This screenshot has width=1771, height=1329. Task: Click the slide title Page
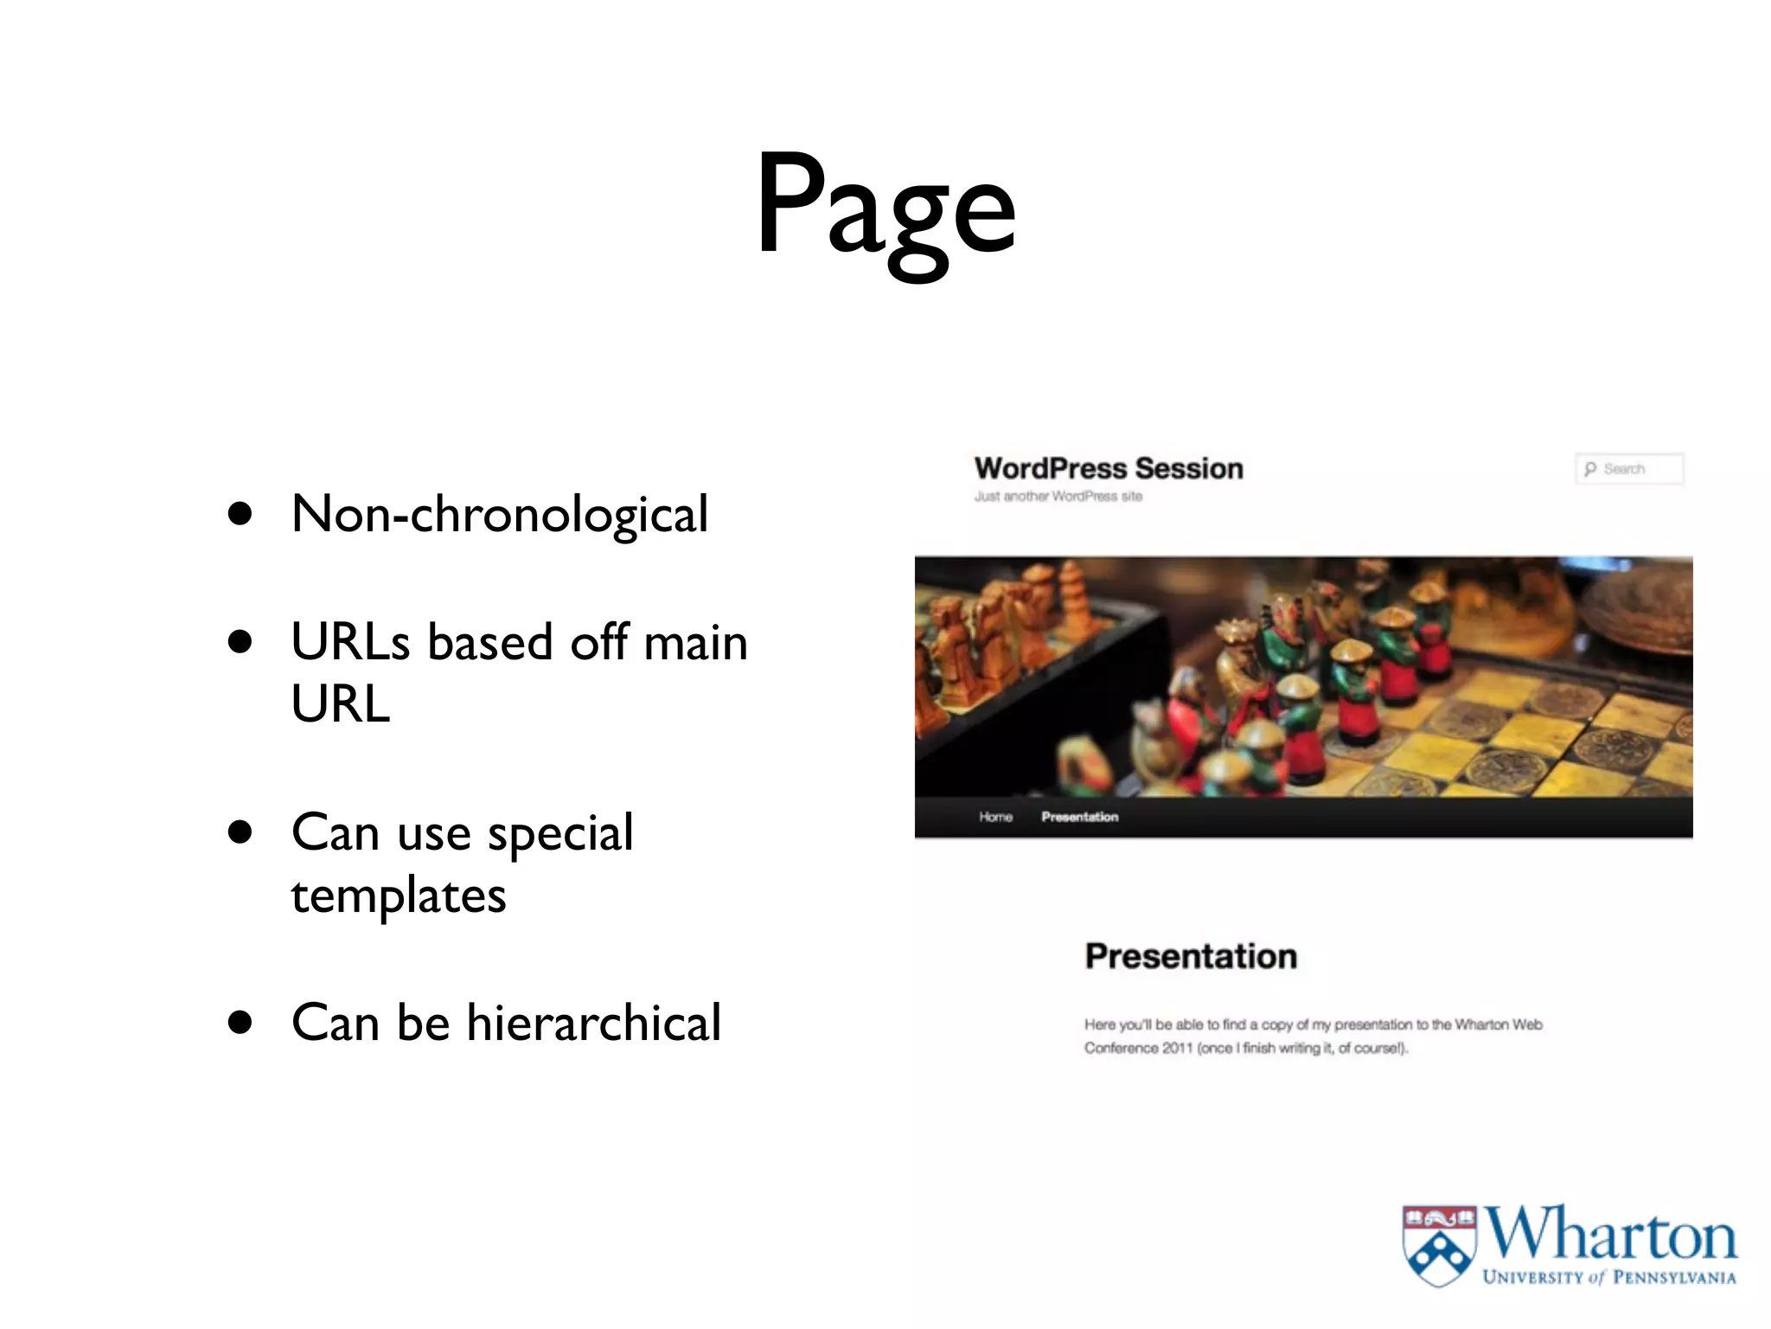pyautogui.click(x=885, y=208)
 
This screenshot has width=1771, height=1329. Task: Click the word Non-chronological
pyautogui.click(x=500, y=514)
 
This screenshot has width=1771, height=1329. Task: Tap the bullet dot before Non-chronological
pyautogui.click(x=240, y=514)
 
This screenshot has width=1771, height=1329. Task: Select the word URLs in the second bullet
pyautogui.click(x=349, y=642)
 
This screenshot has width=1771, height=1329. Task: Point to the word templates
pyautogui.click(x=399, y=895)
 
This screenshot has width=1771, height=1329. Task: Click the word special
pyautogui.click(x=560, y=833)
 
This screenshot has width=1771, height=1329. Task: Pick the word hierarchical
pyautogui.click(x=593, y=1023)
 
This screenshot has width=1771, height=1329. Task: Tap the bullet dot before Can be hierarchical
pyautogui.click(x=240, y=1023)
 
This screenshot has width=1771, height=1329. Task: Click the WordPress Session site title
pyautogui.click(x=1109, y=469)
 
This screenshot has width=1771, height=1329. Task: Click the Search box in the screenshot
pyautogui.click(x=1629, y=469)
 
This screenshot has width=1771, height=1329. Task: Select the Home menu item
pyautogui.click(x=995, y=817)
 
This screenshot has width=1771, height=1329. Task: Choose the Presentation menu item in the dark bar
pyautogui.click(x=1079, y=817)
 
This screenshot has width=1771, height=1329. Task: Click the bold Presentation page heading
pyautogui.click(x=1191, y=956)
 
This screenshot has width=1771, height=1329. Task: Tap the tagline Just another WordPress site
pyautogui.click(x=1058, y=497)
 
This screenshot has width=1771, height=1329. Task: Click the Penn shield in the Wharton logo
pyautogui.click(x=1439, y=1245)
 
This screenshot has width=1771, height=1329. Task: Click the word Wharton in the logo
pyautogui.click(x=1610, y=1235)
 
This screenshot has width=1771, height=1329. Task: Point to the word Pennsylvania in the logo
pyautogui.click(x=1674, y=1278)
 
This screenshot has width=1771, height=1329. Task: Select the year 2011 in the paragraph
pyautogui.click(x=1177, y=1048)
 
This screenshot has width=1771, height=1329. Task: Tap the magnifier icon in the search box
pyautogui.click(x=1590, y=469)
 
